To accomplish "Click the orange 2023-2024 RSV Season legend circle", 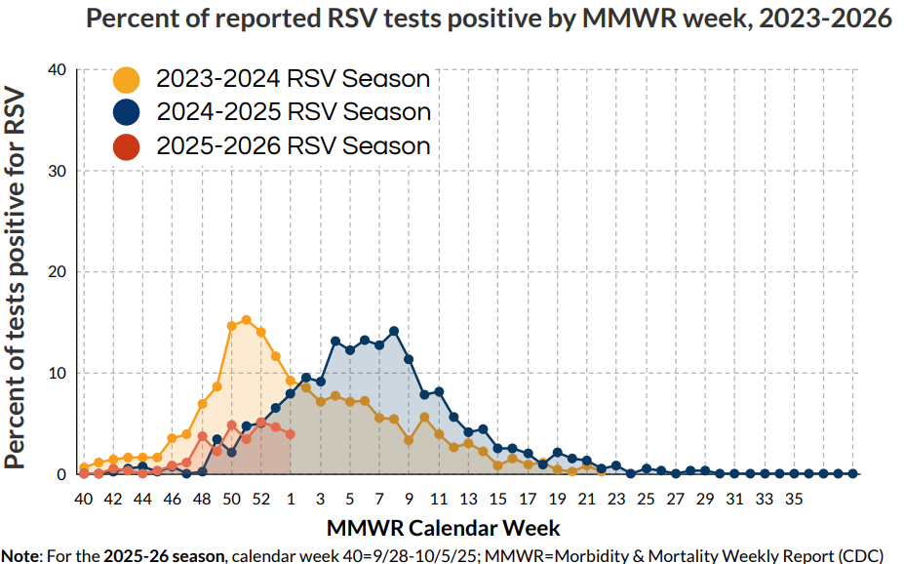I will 127,79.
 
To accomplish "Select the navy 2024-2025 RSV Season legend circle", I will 127,112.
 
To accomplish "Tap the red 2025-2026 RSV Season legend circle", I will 127,146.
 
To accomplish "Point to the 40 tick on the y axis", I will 57,70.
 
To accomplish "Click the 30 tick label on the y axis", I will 57,171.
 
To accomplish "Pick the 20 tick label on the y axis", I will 57,272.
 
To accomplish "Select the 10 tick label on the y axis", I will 57,373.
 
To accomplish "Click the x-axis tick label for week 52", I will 260,499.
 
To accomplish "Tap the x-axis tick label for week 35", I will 793,499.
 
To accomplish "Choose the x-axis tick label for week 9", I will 409,499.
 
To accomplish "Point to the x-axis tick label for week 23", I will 615,499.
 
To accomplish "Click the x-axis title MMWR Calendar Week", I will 444,528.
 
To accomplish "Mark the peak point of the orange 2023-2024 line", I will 246,320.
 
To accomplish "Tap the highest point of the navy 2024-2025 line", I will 394,332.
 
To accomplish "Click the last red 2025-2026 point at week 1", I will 291,434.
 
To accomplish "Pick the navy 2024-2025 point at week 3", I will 320,382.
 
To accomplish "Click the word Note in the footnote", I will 21,554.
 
